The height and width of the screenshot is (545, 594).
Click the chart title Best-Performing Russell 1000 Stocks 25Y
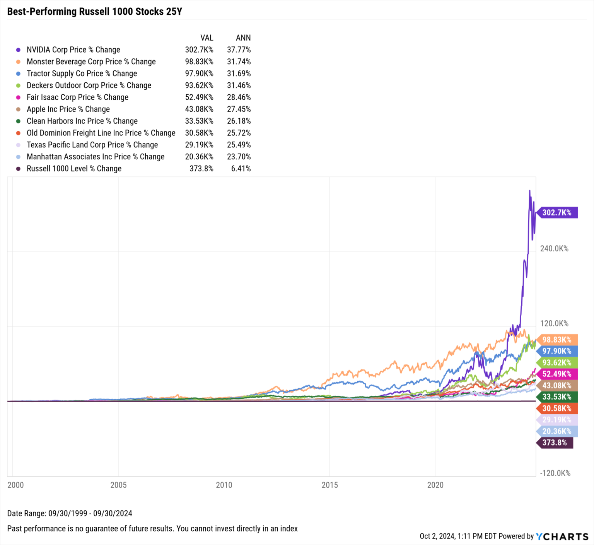click(x=94, y=12)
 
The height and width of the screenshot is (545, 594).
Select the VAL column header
click(x=207, y=38)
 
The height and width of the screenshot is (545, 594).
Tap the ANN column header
click(x=243, y=38)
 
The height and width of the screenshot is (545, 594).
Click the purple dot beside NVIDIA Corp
click(x=18, y=50)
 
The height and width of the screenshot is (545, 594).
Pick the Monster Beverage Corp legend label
click(x=91, y=62)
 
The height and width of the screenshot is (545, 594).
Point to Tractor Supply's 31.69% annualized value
click(x=239, y=73)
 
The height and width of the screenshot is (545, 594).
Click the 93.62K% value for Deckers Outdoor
click(x=199, y=85)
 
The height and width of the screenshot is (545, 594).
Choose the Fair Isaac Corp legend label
click(x=77, y=97)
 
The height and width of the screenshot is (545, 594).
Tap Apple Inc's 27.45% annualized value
click(x=239, y=109)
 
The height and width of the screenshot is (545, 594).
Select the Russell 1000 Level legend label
click(x=74, y=169)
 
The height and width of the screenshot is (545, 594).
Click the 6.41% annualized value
click(x=241, y=169)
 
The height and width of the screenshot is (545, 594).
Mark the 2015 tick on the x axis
click(x=329, y=485)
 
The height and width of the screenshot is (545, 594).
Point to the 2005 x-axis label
click(x=118, y=485)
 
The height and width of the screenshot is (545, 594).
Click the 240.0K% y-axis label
click(x=554, y=249)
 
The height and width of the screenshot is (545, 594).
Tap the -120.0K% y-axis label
click(x=555, y=473)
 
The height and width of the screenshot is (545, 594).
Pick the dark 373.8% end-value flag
click(x=554, y=443)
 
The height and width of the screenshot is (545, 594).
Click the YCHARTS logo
click(x=562, y=536)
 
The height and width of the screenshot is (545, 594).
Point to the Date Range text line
click(x=70, y=514)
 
